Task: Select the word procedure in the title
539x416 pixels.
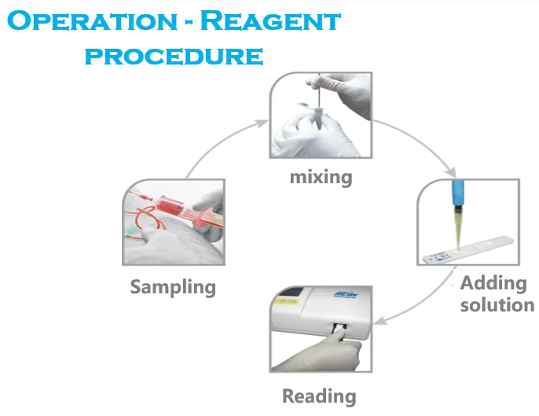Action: [x=174, y=56]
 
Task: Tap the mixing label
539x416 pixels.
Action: [x=321, y=176]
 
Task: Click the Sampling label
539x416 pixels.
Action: [x=173, y=286]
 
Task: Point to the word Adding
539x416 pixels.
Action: [x=493, y=283]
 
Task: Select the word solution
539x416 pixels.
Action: [x=497, y=304]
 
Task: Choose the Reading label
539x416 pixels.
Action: [x=319, y=396]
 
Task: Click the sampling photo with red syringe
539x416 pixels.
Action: [x=173, y=224]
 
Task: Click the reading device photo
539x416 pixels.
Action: [x=320, y=330]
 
